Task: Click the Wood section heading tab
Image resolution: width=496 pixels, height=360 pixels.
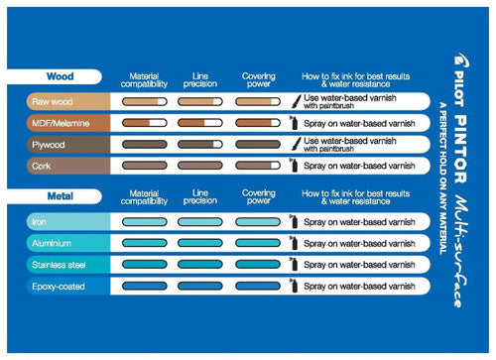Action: point(55,76)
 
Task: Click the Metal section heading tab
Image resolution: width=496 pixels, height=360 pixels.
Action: point(55,196)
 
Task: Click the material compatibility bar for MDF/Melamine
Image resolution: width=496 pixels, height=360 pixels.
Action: point(145,123)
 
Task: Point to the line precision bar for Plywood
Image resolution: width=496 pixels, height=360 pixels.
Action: point(200,144)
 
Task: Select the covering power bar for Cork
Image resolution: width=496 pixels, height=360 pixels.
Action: point(258,166)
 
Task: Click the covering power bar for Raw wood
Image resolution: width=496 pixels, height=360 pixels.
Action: point(258,101)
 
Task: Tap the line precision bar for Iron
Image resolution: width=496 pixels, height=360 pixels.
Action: point(200,221)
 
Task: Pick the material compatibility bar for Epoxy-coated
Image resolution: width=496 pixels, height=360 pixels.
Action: point(145,286)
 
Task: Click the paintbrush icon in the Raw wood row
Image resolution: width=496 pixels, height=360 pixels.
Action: point(297,101)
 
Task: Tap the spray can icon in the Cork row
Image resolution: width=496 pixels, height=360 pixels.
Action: point(294,165)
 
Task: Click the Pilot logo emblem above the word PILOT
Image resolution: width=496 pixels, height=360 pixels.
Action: point(461,60)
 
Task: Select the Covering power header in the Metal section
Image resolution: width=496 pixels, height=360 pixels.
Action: point(259,196)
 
